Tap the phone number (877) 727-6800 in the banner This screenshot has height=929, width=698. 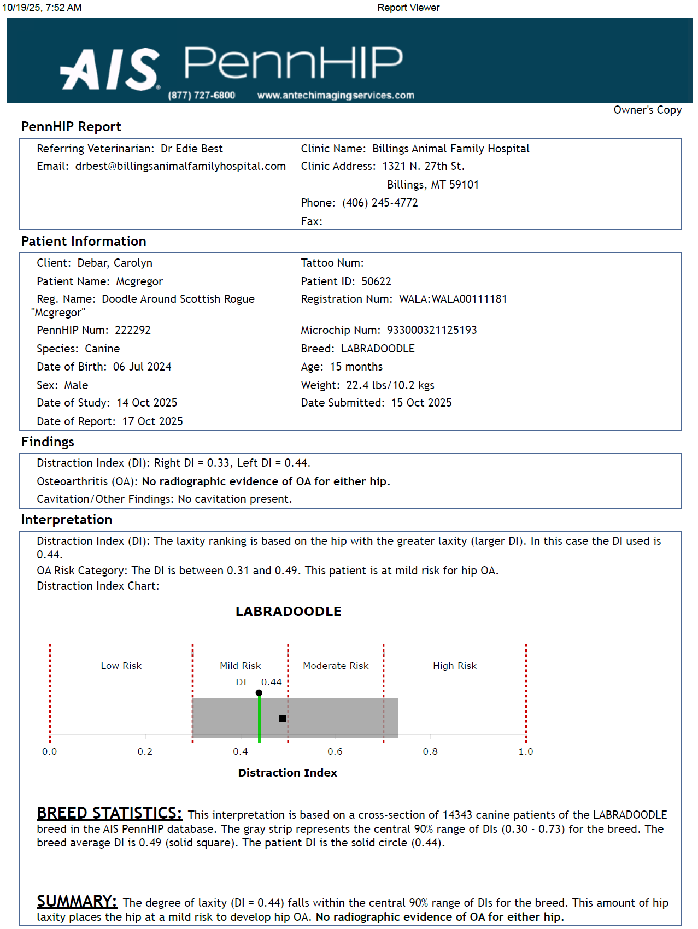pos(202,96)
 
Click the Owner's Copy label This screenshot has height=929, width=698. pos(647,110)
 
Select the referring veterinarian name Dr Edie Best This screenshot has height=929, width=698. pos(191,149)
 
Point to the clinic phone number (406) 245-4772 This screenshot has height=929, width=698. pos(380,203)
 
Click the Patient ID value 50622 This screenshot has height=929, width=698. pos(376,281)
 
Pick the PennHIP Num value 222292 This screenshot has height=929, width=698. pos(133,330)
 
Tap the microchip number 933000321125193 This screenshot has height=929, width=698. pos(432,330)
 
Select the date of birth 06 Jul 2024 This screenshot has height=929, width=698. pos(142,367)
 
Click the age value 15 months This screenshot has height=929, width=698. pos(356,367)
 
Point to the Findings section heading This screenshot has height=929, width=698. pos(48,442)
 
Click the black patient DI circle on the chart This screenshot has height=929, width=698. pos(259,693)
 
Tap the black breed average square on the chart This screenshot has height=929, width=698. pos(283,719)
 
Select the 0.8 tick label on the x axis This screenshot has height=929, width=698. pos(430,751)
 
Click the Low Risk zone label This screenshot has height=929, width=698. pos(121,666)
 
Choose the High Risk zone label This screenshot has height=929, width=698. pos(455,666)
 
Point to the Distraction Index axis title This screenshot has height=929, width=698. pos(288,773)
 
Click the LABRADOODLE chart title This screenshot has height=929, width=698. pos(288,612)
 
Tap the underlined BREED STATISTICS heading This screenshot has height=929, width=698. pos(109,813)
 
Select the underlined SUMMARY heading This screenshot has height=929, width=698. pos(77,901)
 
